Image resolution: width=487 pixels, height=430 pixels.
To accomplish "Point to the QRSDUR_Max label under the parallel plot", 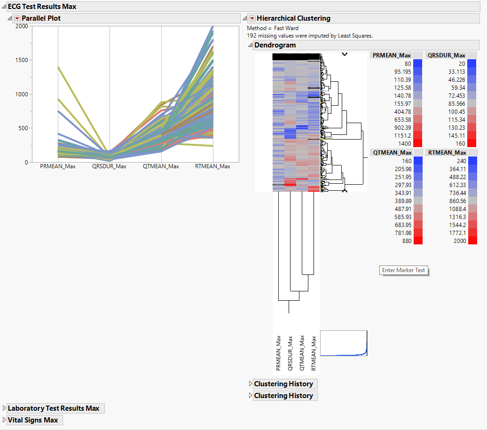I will pyautogui.click(x=110, y=166).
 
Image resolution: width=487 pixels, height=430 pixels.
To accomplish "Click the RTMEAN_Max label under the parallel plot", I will pyautogui.click(x=213, y=166).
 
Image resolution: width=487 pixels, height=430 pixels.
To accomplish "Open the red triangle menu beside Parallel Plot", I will pyautogui.click(x=17, y=18).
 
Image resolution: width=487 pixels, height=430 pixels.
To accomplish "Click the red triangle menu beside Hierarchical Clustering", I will pyautogui.click(x=252, y=18).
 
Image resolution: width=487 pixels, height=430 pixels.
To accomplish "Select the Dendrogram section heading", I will pyautogui.click(x=275, y=45).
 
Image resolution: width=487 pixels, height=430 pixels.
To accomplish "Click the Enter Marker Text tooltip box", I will pyautogui.click(x=404, y=270).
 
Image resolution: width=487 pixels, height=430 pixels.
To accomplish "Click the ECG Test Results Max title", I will pyautogui.click(x=42, y=7).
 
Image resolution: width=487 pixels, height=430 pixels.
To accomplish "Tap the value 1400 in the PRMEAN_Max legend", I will pyautogui.click(x=404, y=143).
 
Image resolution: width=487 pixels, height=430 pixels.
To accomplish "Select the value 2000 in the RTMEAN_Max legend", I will pyautogui.click(x=459, y=241).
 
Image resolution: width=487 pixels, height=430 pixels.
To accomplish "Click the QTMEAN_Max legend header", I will pyautogui.click(x=392, y=152).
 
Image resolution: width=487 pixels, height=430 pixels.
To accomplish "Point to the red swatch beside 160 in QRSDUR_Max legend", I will pyautogui.click(x=472, y=143).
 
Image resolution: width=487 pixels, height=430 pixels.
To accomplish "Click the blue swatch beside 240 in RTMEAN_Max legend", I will pyautogui.click(x=472, y=161).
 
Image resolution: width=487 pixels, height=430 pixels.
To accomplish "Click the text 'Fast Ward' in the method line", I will pyautogui.click(x=286, y=28).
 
